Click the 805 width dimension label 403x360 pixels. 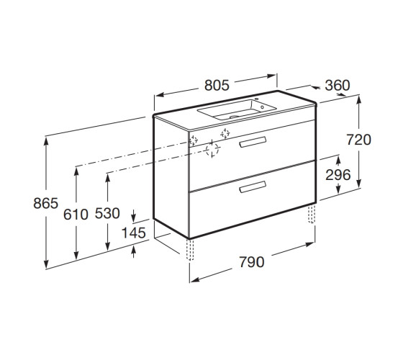217,86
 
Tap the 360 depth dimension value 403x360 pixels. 338,86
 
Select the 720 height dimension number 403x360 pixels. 359,140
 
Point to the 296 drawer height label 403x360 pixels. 338,175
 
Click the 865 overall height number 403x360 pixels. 46,203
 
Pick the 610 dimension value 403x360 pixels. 76,215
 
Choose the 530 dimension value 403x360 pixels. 107,213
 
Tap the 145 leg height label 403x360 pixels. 133,233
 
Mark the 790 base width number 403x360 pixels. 252,262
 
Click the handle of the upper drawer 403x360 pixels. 253,143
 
